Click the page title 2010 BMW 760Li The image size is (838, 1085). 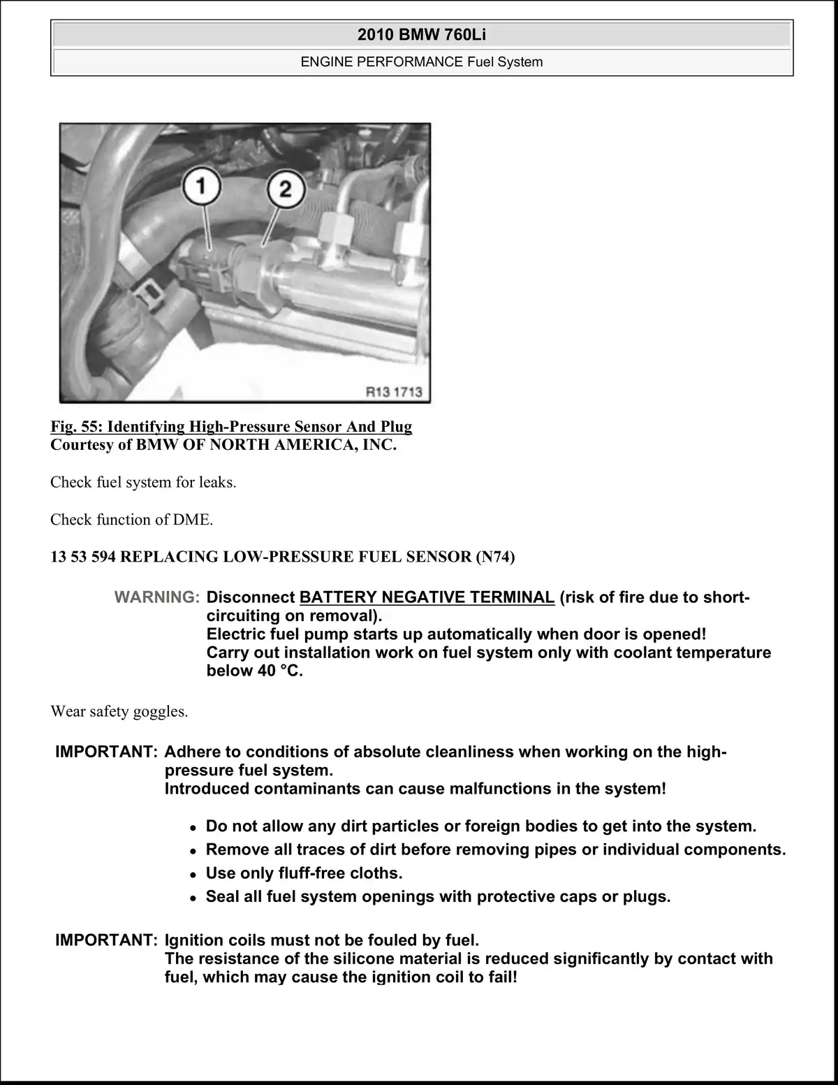(x=421, y=34)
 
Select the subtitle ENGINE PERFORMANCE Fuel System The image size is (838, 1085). (x=421, y=61)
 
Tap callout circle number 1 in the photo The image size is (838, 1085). (x=201, y=187)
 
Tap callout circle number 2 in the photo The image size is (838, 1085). (x=284, y=189)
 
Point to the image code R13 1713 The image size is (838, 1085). (x=395, y=392)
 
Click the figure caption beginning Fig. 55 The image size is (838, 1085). (x=231, y=426)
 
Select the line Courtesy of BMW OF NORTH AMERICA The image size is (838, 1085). (x=223, y=445)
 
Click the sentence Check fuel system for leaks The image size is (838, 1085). (x=143, y=482)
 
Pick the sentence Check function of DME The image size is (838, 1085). (x=131, y=520)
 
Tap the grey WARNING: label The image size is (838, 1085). (x=157, y=597)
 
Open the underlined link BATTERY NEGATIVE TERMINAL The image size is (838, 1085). (x=427, y=597)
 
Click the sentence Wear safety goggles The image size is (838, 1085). (x=119, y=711)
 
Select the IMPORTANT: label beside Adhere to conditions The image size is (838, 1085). (x=107, y=752)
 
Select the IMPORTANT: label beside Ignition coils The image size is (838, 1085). (x=107, y=940)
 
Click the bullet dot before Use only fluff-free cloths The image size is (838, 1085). (x=193, y=875)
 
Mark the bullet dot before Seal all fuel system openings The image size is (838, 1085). (x=193, y=898)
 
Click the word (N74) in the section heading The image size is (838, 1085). (x=494, y=557)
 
